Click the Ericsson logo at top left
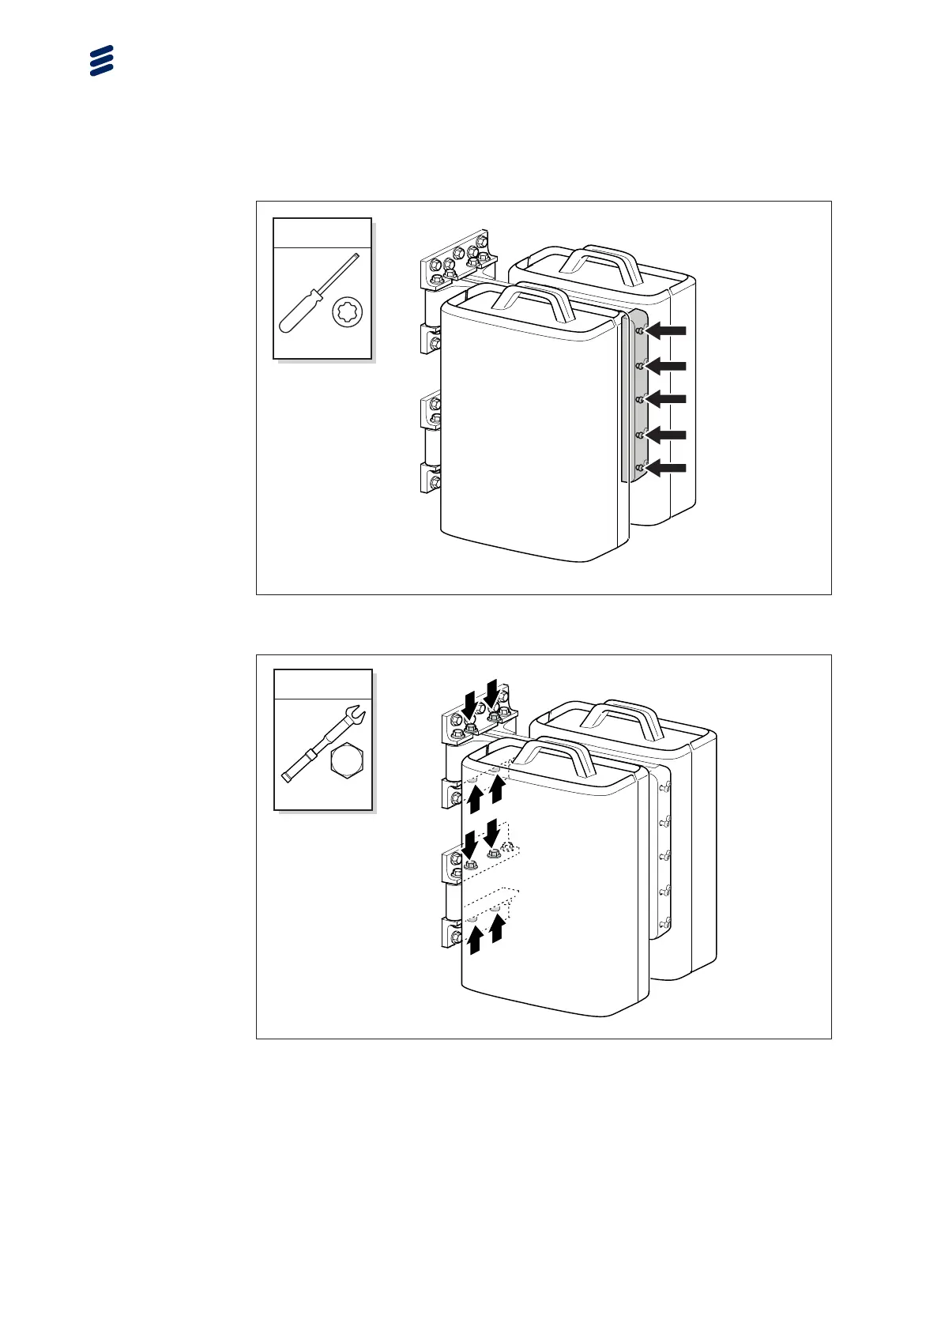tap(102, 61)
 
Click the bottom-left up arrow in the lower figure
tap(475, 941)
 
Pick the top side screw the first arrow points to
tap(640, 332)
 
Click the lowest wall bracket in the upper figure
tap(431, 479)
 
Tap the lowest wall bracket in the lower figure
tap(451, 933)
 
